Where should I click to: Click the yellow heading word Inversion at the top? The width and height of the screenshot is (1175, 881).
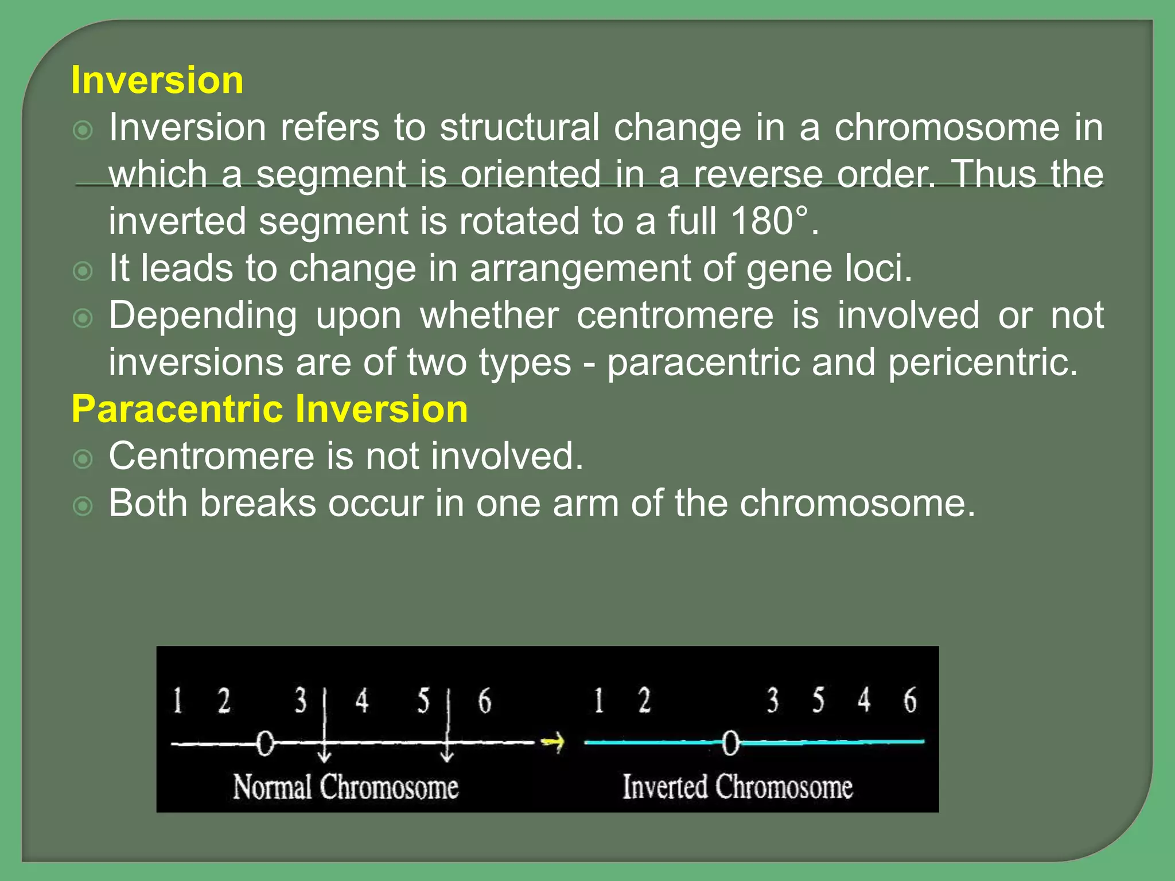point(157,80)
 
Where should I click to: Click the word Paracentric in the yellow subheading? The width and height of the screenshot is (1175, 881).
point(178,410)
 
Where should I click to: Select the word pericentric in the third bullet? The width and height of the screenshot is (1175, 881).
point(982,362)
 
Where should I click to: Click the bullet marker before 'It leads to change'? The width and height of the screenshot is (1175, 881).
point(83,271)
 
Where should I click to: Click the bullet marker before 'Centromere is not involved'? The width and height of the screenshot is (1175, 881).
point(83,459)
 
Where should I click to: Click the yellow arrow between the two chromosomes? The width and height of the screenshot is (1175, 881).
point(553,742)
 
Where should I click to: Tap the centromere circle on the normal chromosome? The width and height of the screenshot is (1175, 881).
point(265,743)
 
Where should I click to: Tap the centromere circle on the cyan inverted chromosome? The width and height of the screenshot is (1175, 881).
point(730,743)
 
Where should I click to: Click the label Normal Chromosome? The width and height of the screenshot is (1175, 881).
point(345,787)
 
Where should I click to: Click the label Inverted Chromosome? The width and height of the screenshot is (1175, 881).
point(737,787)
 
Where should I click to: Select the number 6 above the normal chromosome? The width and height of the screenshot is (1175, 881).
point(485,701)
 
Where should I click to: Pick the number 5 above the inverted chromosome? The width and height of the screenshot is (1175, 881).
point(818,700)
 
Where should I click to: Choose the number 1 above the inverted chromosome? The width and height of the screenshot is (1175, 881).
point(599,700)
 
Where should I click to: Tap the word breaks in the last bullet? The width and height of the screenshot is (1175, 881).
point(258,504)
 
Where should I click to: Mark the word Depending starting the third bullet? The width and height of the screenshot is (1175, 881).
point(203,315)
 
